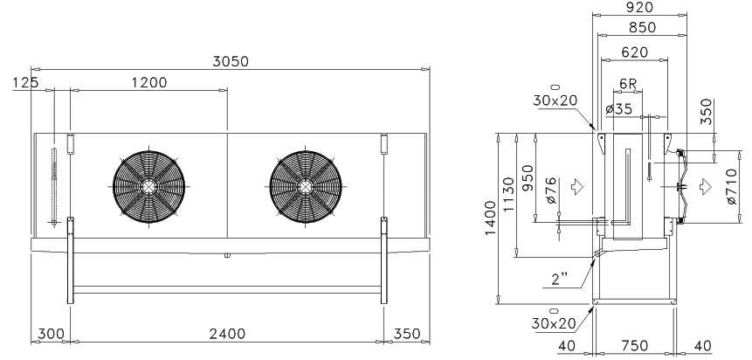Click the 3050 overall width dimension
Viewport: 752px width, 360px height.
click(231, 62)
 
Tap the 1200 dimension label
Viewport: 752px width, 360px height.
click(149, 83)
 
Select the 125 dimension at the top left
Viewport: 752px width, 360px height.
click(25, 83)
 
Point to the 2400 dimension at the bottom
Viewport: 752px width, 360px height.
click(227, 334)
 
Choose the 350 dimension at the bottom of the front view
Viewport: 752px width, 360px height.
click(407, 334)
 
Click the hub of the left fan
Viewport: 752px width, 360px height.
click(148, 187)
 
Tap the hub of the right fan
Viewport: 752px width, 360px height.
click(306, 187)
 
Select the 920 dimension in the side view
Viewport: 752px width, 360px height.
click(640, 7)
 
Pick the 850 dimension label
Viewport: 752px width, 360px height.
click(642, 28)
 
